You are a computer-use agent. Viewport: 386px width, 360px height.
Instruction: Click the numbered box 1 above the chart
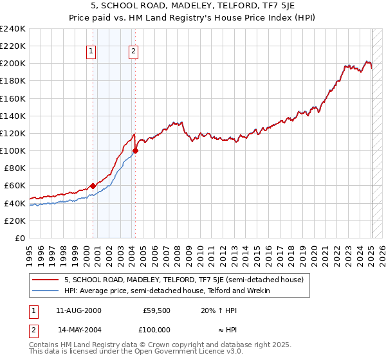coord(91,52)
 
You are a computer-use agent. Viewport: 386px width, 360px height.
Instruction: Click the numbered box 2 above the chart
coord(133,52)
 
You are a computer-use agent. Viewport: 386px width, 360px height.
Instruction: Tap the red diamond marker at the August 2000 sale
coord(93,186)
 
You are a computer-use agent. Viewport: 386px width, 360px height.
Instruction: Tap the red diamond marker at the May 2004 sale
coord(135,151)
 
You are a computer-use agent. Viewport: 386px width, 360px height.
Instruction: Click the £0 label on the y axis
coord(20,238)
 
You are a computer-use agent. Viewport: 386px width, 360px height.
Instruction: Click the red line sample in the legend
coord(46,280)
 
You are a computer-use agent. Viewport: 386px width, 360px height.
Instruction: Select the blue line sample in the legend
coord(46,291)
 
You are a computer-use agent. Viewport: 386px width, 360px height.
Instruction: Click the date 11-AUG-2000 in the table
coord(79,310)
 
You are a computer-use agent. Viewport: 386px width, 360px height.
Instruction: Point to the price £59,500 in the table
coord(157,310)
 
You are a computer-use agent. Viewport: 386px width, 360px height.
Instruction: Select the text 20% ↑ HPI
coord(218,310)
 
